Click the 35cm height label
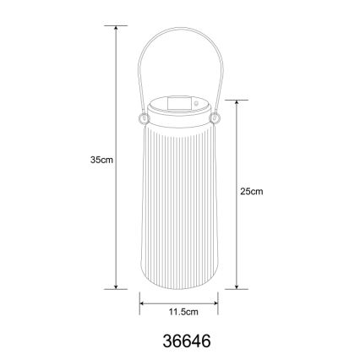(x=101, y=158)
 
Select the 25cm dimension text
(x=253, y=192)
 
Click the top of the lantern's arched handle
(x=177, y=36)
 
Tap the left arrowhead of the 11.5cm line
(x=141, y=305)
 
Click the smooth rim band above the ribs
(x=177, y=121)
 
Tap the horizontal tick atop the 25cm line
(x=238, y=97)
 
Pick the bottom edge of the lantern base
(x=177, y=287)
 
